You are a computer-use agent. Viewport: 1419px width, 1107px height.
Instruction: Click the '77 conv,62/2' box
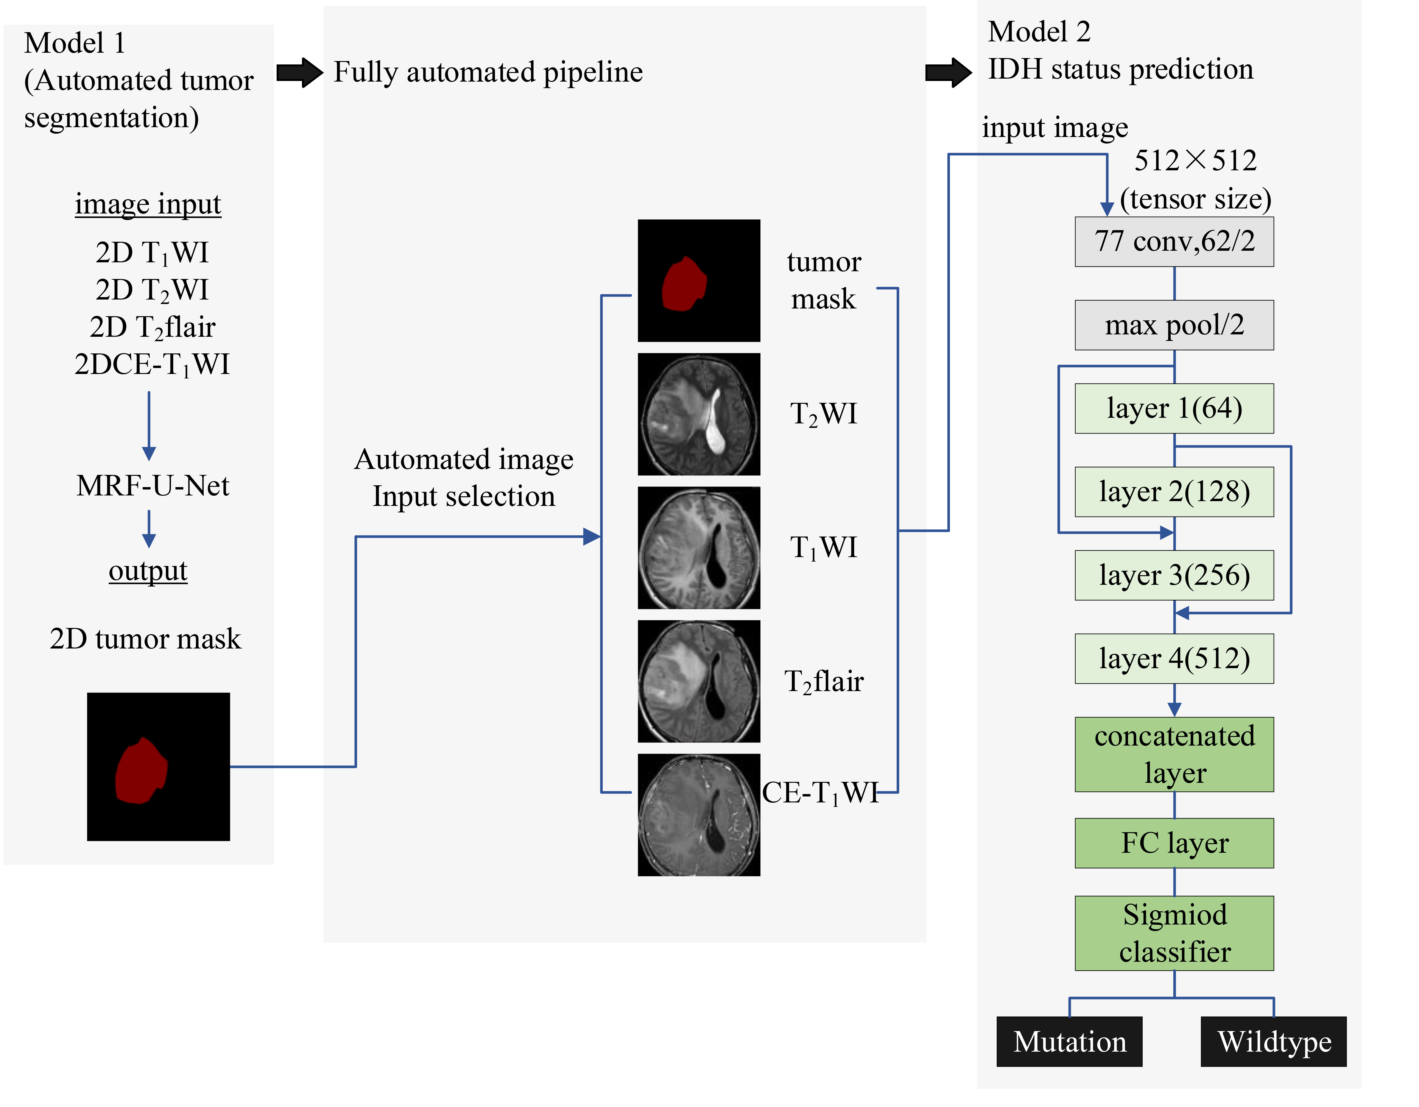point(1174,242)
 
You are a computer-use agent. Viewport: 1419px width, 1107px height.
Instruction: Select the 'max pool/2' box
point(1174,325)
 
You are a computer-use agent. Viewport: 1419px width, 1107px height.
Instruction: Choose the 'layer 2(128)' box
point(1174,492)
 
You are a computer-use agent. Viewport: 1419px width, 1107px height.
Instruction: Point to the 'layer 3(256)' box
point(1174,575)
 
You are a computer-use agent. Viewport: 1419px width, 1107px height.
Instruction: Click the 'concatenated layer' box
point(1174,754)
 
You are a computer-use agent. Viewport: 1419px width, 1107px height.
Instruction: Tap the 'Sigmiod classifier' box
point(1174,933)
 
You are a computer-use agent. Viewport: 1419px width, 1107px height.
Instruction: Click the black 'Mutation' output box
point(1069,1041)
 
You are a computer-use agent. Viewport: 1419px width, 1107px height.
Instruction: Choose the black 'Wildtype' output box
point(1273,1041)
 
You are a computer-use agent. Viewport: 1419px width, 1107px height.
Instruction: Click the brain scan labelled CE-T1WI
point(699,815)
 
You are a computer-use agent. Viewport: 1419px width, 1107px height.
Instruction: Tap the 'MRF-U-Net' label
point(153,485)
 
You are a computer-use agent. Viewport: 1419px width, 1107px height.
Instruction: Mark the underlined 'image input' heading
point(148,204)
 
